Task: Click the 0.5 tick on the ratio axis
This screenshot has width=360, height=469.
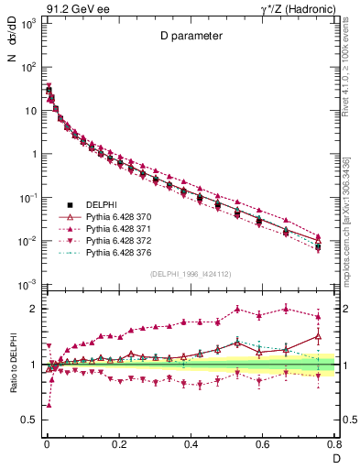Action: coord(29,420)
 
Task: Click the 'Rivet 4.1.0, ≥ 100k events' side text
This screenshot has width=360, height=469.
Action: coord(348,73)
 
